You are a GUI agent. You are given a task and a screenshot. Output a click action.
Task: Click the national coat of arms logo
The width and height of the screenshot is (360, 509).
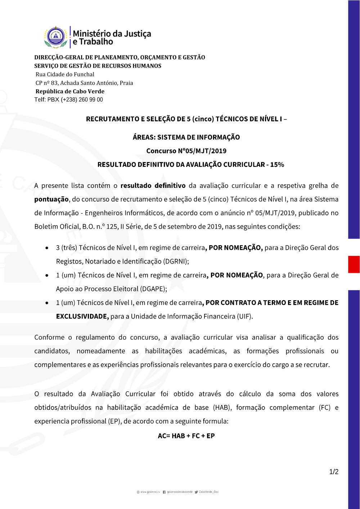pos(56,37)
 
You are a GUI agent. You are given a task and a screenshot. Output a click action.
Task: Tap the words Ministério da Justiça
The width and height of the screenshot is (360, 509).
pos(112,33)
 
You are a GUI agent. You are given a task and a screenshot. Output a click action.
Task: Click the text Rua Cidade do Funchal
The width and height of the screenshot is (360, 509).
pos(65,75)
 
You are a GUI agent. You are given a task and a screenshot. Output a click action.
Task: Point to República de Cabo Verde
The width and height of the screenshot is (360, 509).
pos(70,91)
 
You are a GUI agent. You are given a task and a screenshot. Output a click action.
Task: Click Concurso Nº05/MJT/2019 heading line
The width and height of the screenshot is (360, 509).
pos(186,151)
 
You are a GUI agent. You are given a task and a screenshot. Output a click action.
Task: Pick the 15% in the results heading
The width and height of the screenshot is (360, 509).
pos(277,165)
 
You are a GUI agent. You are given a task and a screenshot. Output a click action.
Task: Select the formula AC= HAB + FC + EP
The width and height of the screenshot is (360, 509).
pos(186,436)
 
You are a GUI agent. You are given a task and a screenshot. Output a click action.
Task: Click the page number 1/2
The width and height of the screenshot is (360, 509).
pos(334,472)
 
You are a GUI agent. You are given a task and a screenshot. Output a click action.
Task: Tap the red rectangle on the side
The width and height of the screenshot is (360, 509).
pos(354,264)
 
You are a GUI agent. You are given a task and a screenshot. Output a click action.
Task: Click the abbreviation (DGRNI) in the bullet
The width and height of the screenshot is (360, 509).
pos(176,261)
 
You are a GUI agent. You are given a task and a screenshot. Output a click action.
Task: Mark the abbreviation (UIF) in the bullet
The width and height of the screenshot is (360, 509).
pos(245,316)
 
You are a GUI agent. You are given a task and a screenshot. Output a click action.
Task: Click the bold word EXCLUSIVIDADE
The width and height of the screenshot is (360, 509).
pos(82,316)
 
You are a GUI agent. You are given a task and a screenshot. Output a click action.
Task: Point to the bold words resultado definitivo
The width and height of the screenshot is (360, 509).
pos(153,186)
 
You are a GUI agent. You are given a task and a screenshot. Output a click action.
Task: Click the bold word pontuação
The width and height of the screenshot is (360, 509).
pos(51,199)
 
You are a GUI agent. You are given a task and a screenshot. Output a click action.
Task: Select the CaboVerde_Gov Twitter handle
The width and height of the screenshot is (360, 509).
pos(208,492)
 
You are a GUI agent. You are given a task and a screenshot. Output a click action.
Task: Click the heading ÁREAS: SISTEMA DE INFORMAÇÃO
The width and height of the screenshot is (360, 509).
pos(186,137)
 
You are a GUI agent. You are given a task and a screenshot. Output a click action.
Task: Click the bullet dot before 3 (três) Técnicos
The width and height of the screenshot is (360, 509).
pos(47,248)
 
